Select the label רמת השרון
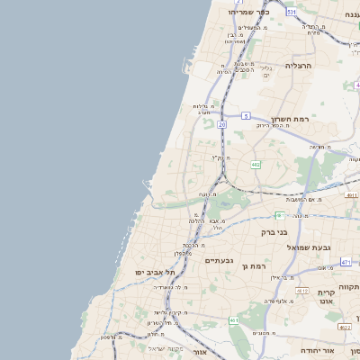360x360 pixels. pyautogui.click(x=289, y=119)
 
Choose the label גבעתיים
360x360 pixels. pyautogui.click(x=219, y=260)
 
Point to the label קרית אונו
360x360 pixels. pyautogui.click(x=326, y=298)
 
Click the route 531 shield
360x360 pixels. pyautogui.click(x=291, y=12)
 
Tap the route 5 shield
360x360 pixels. pyautogui.click(x=245, y=115)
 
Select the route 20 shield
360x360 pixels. pyautogui.click(x=221, y=124)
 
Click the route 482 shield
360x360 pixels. pyautogui.click(x=256, y=164)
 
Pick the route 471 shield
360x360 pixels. pyautogui.click(x=346, y=262)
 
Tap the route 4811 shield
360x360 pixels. pyautogui.click(x=351, y=194)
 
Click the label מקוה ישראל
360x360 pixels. pyautogui.click(x=166, y=348)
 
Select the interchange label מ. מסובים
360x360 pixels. pyautogui.click(x=263, y=333)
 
